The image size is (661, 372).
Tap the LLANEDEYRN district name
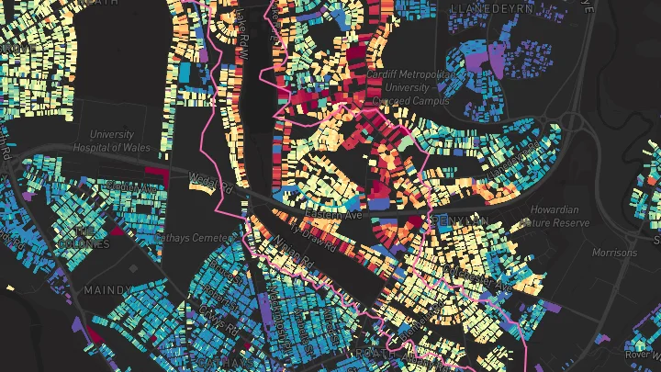pyautogui.click(x=487, y=7)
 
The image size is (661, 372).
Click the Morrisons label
pyautogui.click(x=614, y=252)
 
